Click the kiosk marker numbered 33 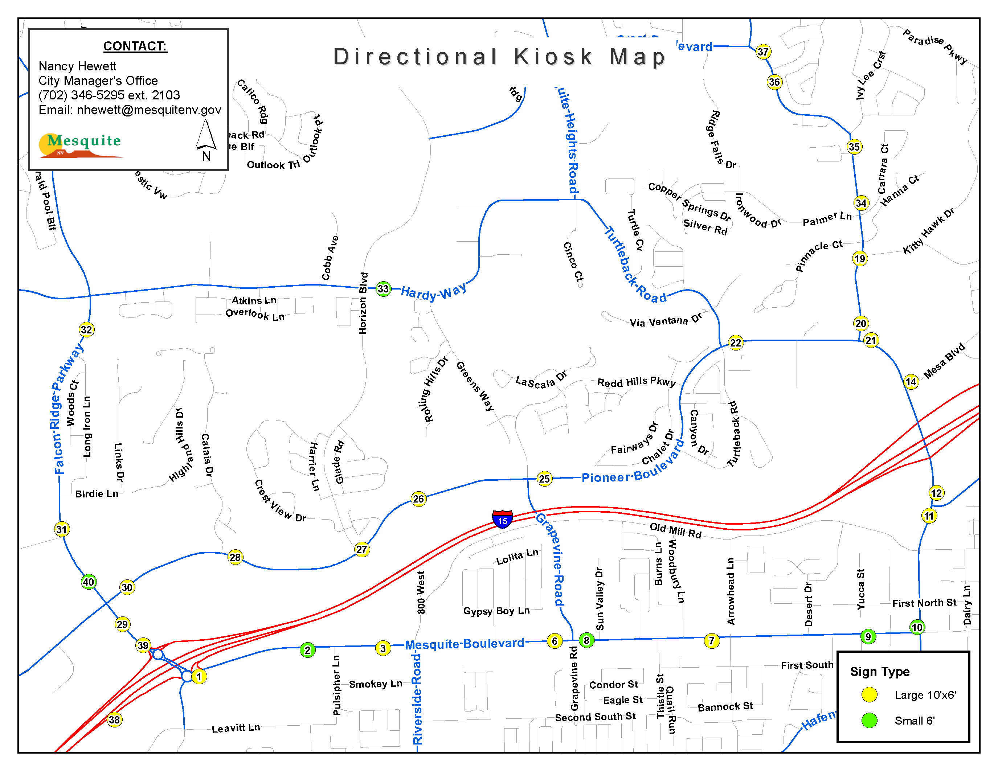click(383, 289)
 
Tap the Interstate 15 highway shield click(502, 519)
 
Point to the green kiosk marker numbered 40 click(88, 582)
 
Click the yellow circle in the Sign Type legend click(869, 694)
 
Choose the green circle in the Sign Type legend click(869, 720)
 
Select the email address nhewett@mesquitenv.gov click(148, 110)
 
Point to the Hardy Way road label click(433, 291)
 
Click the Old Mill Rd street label click(675, 530)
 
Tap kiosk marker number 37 click(763, 52)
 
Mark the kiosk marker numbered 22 click(735, 343)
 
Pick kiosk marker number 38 click(114, 720)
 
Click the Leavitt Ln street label click(236, 727)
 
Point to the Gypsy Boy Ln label click(496, 611)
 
